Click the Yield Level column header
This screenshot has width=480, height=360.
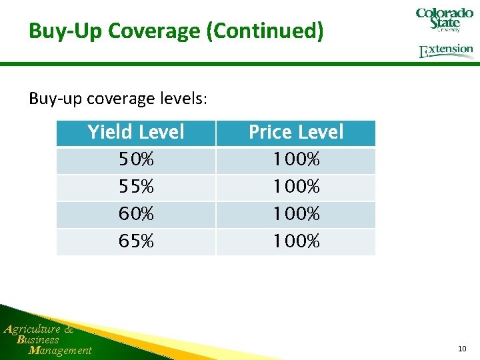pyautogui.click(x=136, y=133)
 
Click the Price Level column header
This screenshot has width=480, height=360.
pyautogui.click(x=296, y=133)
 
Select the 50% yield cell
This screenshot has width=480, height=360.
pyautogui.click(x=136, y=161)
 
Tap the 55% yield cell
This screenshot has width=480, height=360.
pyautogui.click(x=136, y=187)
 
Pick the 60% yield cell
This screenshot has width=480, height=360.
pyautogui.click(x=136, y=215)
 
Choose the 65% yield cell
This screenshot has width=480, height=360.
pyautogui.click(x=136, y=241)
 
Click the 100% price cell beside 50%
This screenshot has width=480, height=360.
pyautogui.click(x=296, y=161)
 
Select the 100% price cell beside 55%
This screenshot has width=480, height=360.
pyautogui.click(x=296, y=187)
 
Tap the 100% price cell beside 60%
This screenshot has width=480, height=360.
pyautogui.click(x=296, y=215)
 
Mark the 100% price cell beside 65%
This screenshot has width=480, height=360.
pyautogui.click(x=296, y=241)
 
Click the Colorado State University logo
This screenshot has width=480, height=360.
pyautogui.click(x=444, y=19)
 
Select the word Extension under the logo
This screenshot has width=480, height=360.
pyautogui.click(x=446, y=51)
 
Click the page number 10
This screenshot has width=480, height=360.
pyautogui.click(x=462, y=349)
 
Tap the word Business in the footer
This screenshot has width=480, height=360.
pyautogui.click(x=38, y=339)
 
